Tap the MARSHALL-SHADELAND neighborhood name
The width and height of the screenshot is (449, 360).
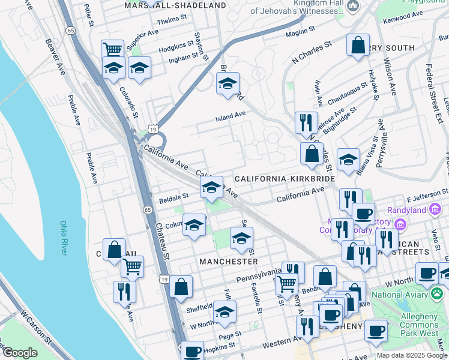pyautogui.click(x=175, y=5)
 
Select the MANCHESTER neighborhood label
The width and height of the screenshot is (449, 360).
pyautogui.click(x=228, y=262)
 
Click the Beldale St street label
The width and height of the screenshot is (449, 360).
pyautogui.click(x=173, y=196)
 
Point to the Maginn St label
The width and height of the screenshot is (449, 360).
pyautogui.click(x=300, y=30)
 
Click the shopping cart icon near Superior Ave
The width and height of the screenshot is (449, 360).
pyautogui.click(x=112, y=49)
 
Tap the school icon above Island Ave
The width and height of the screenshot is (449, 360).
pyautogui.click(x=228, y=83)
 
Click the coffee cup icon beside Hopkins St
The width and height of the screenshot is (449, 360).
pyautogui.click(x=192, y=352)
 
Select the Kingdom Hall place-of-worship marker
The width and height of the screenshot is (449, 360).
pyautogui.click(x=353, y=7)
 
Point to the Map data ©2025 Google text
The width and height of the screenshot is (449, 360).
pyautogui.click(x=412, y=355)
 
